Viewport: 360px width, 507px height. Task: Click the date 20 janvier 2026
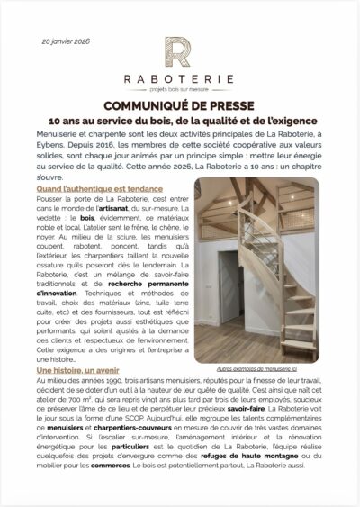[65, 41]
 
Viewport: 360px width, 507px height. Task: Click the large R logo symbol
[179, 53]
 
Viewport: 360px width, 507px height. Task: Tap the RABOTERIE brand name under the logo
[179, 77]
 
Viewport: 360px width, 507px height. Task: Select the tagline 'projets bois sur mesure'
[179, 87]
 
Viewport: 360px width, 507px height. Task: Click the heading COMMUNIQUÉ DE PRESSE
[179, 104]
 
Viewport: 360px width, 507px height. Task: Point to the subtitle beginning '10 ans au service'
[179, 119]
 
